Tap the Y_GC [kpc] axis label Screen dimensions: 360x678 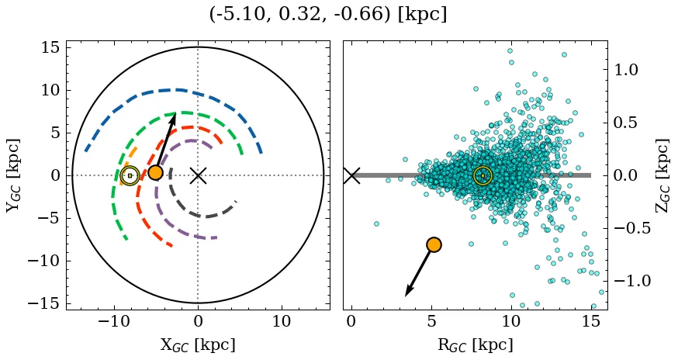[x=13, y=175]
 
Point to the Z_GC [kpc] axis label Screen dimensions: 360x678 [x=661, y=175]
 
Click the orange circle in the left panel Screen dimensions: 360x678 [x=155, y=172]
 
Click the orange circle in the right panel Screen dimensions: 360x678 [x=433, y=244]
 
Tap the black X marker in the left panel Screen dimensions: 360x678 [x=198, y=175]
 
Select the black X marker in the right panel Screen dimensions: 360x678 [x=351, y=175]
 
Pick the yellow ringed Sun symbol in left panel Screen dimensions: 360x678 [x=130, y=175]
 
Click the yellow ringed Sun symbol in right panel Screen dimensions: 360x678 [x=483, y=176]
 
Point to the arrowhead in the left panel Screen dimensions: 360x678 [x=174, y=117]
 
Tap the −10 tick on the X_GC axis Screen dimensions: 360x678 [x=114, y=321]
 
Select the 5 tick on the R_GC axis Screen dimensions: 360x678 [x=431, y=321]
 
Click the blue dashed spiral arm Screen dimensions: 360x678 [x=178, y=90]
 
